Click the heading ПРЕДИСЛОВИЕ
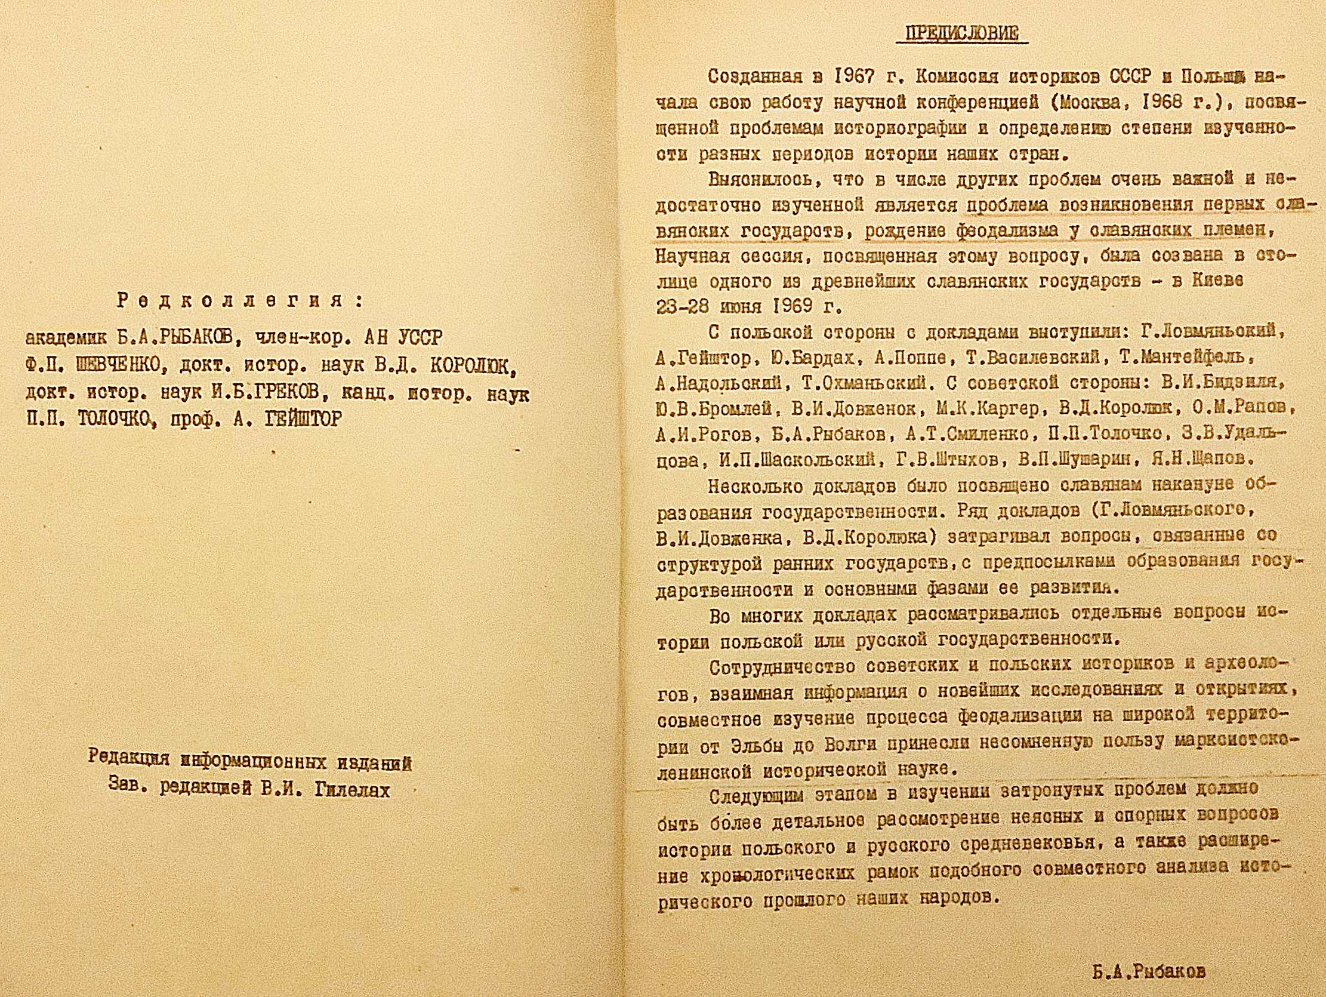point(961,33)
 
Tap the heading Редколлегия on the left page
point(240,300)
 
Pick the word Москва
point(1102,103)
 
